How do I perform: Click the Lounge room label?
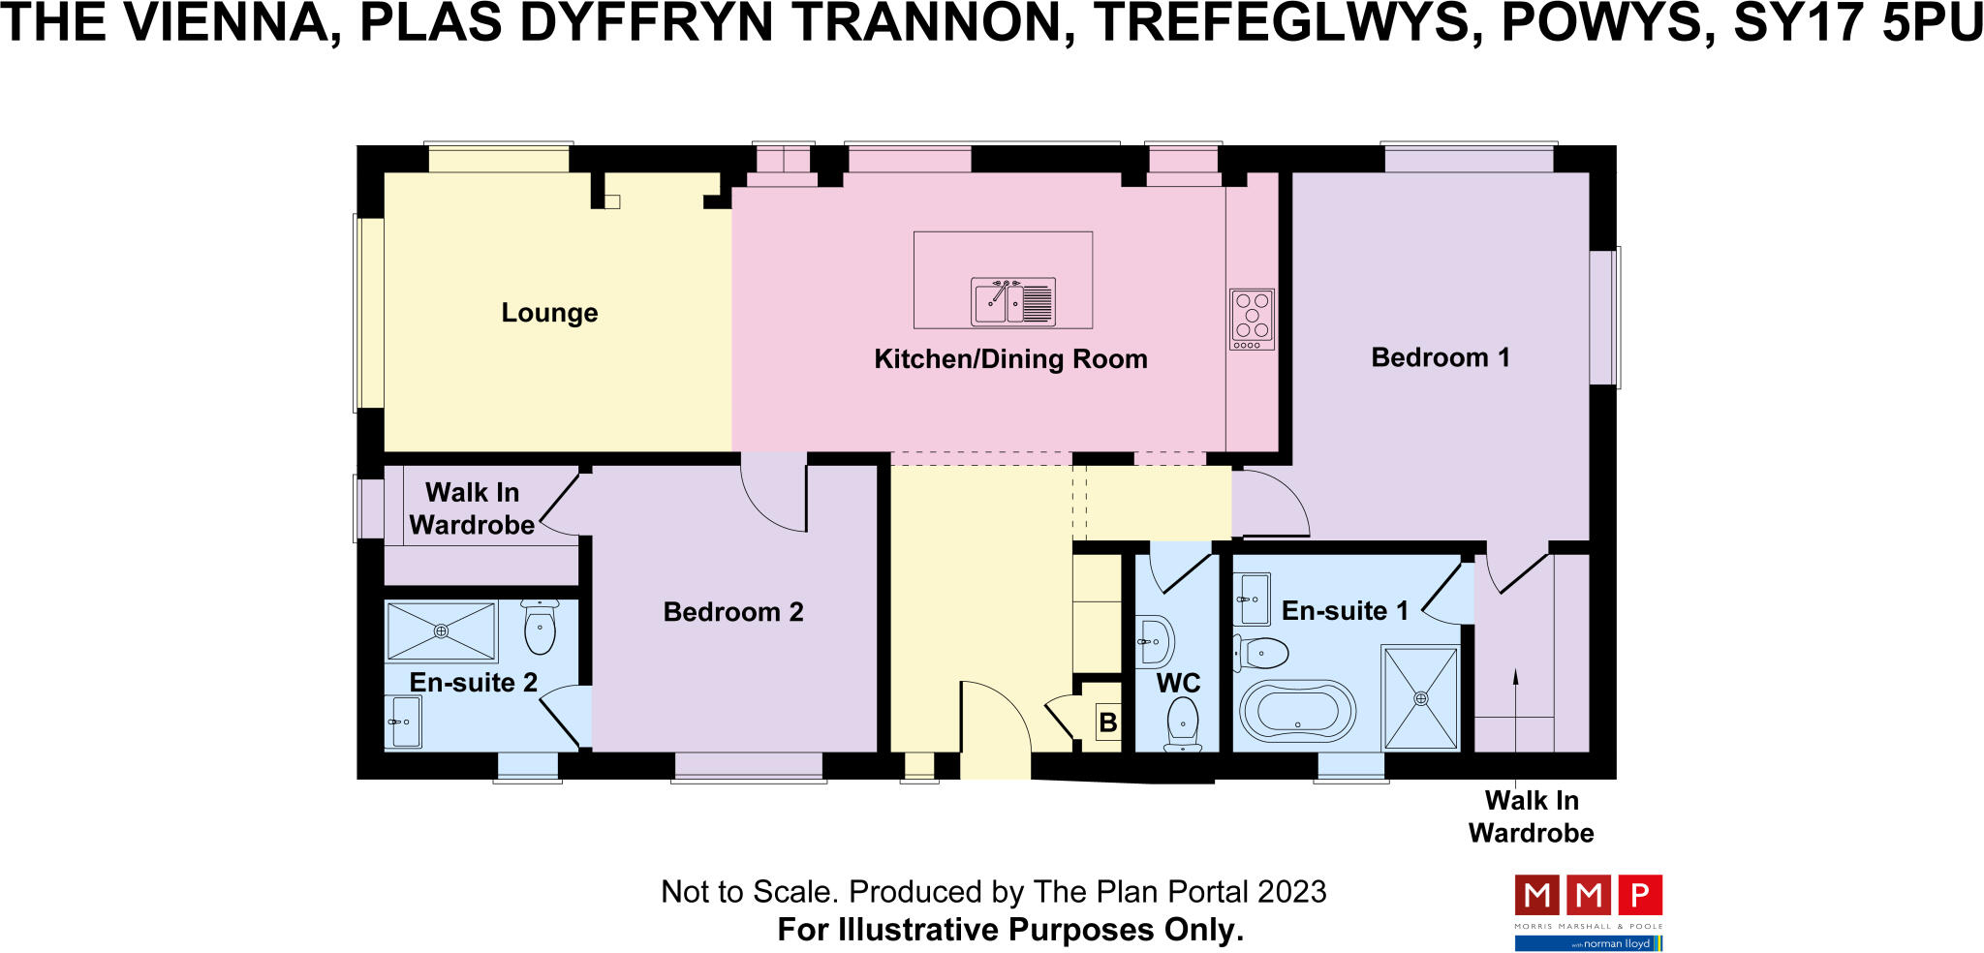point(549,313)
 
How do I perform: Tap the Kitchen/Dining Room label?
point(1010,359)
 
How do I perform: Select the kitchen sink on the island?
point(1012,301)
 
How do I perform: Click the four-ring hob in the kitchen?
point(1252,319)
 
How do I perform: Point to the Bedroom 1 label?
point(1441,357)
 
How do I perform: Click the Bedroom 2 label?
point(733,612)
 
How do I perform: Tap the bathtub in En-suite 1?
point(1298,712)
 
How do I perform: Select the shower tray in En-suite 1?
point(1420,698)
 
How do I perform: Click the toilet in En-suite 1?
point(1261,654)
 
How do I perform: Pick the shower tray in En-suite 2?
point(441,631)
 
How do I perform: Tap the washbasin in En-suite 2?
point(404,722)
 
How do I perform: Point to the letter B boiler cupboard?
point(1107,722)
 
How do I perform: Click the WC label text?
point(1178,684)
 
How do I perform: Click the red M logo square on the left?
point(1536,895)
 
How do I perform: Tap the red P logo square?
point(1640,895)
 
